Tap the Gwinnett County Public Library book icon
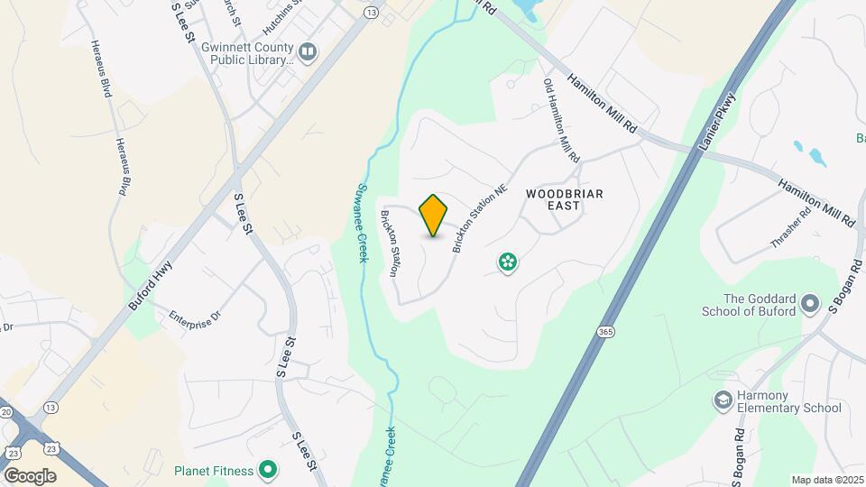click(x=309, y=53)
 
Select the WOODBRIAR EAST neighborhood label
click(x=565, y=199)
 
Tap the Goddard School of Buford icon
click(x=809, y=302)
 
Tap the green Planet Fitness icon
click(x=267, y=470)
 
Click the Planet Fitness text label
click(x=214, y=470)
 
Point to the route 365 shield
click(x=603, y=333)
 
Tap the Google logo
click(x=30, y=475)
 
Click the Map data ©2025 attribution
click(x=826, y=480)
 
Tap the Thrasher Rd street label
click(x=792, y=227)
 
